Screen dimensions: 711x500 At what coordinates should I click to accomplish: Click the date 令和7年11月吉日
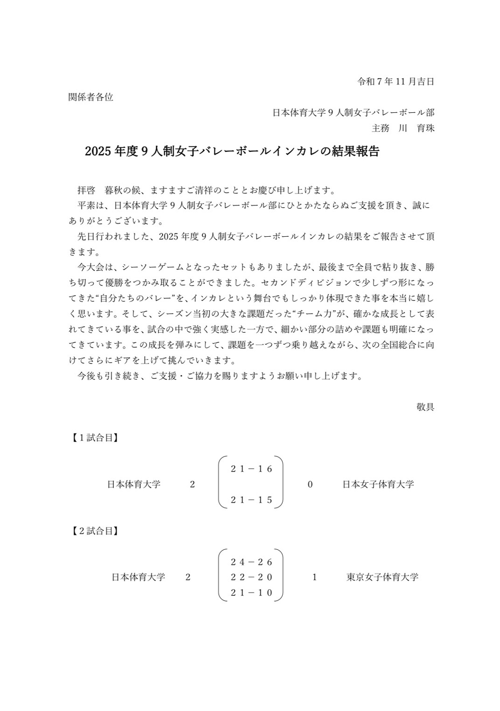pos(396,82)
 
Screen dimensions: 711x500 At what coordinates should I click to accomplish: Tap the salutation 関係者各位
pos(91,97)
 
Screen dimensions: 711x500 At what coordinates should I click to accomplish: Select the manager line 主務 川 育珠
pos(403,128)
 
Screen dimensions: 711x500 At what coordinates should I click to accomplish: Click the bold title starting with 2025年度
pos(232,151)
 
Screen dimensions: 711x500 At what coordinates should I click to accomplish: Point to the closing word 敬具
pos(425,407)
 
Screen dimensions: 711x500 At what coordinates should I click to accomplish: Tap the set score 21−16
pos(251,469)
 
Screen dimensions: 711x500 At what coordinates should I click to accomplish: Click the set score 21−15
pos(251,500)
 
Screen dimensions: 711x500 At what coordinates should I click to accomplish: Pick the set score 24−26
pos(251,562)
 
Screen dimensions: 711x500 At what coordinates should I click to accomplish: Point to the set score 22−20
pos(251,577)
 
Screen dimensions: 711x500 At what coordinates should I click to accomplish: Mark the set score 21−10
pos(251,593)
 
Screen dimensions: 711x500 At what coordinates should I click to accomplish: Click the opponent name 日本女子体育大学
pos(378,485)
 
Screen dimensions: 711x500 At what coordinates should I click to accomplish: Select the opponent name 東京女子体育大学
pos(382,577)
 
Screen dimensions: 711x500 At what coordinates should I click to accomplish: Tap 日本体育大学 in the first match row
pos(134,485)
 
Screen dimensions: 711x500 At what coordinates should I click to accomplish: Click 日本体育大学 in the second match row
pos(138,577)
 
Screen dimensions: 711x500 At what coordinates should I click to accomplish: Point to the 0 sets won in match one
pos(310,485)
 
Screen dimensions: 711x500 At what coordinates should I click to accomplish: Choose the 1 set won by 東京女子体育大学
pos(314,577)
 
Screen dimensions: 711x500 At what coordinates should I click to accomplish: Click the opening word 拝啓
pos(86,190)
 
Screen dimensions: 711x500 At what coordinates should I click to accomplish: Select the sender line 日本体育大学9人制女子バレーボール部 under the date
pos(353,113)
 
